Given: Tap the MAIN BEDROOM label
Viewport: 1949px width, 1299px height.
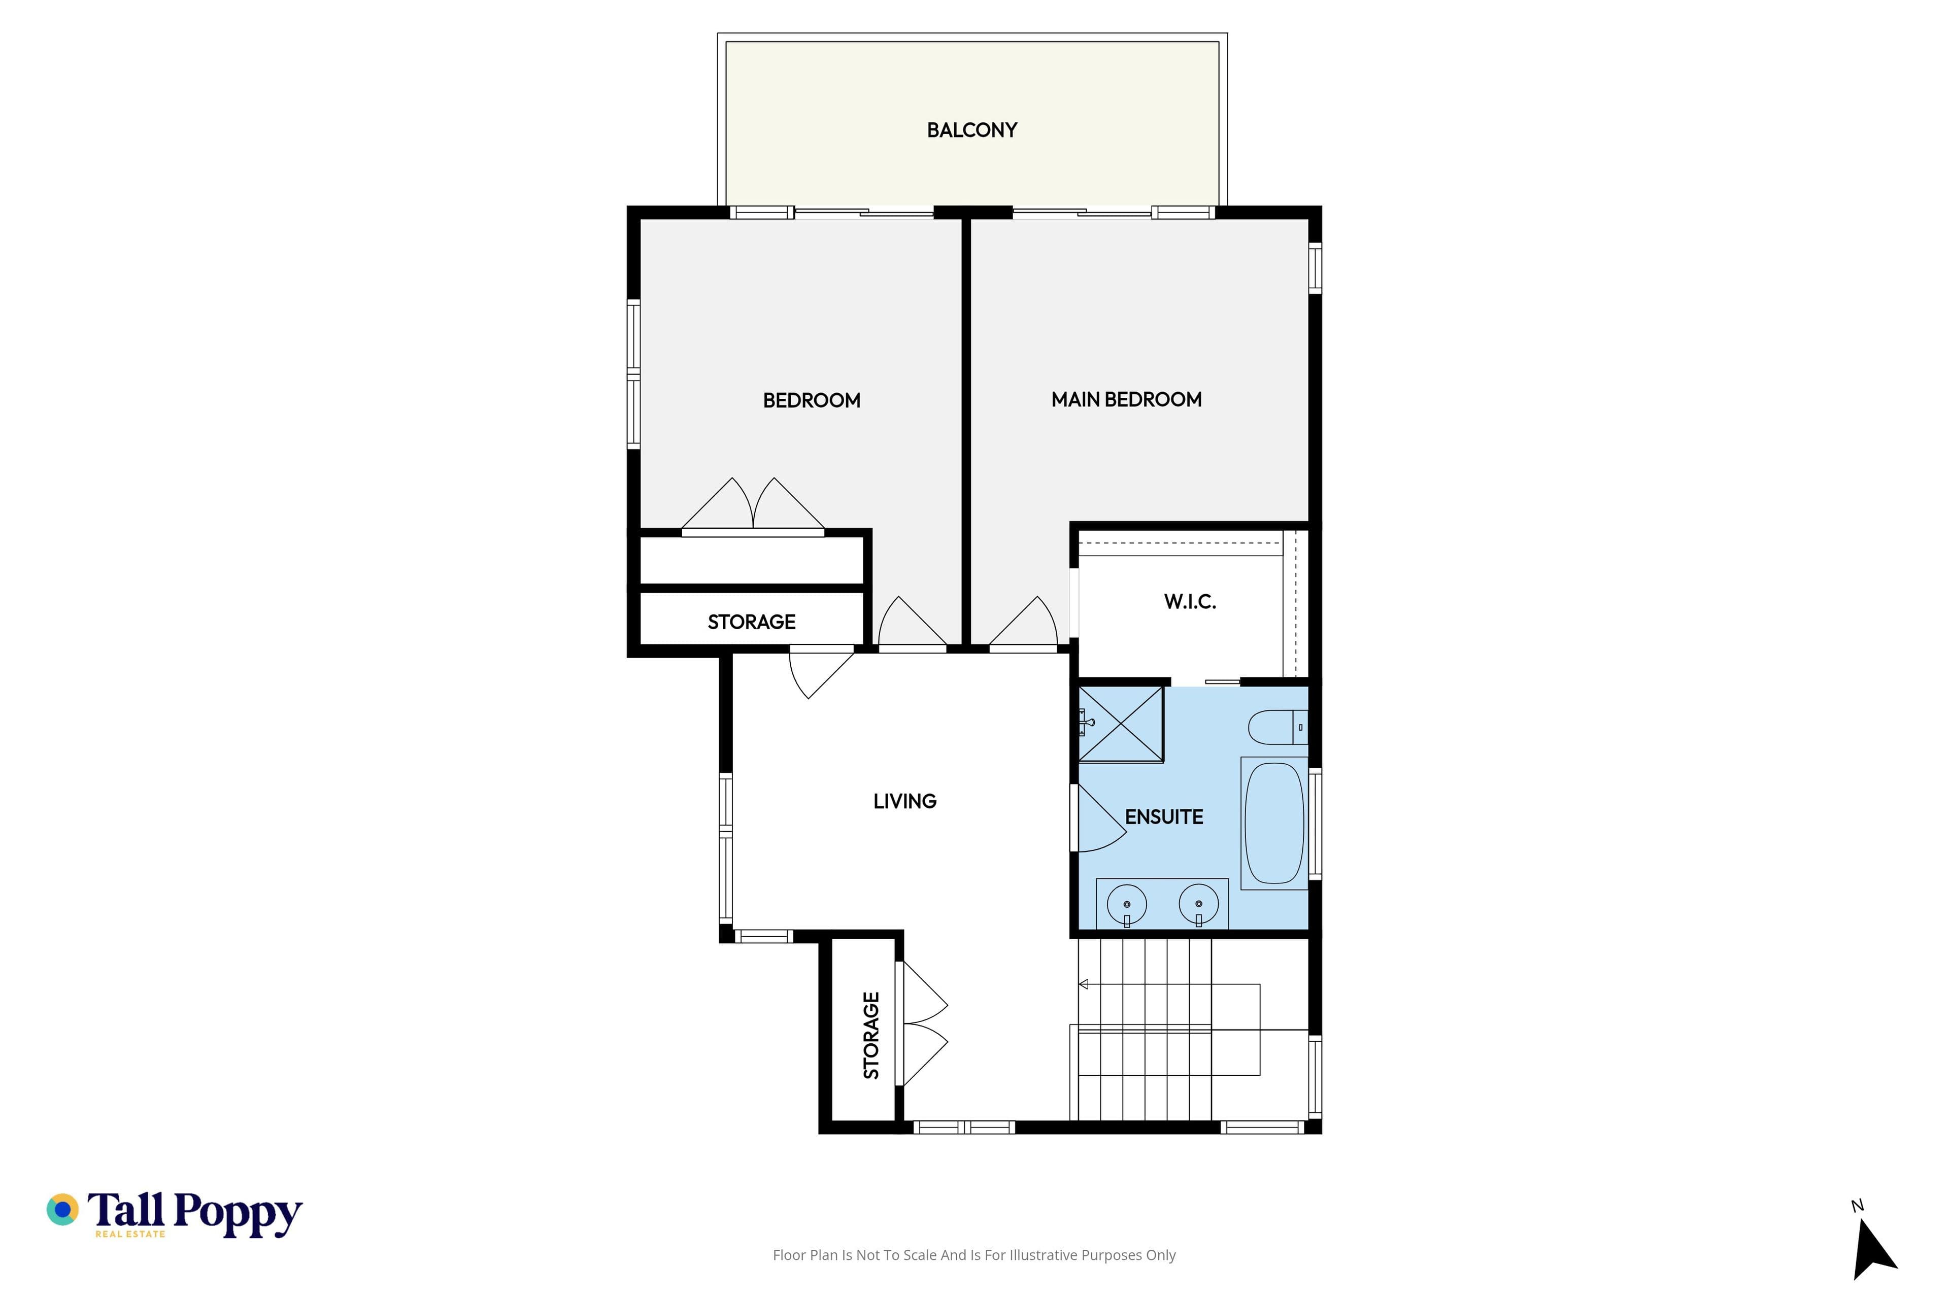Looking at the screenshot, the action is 1126,399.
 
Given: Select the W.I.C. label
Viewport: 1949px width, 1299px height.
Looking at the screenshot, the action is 1190,601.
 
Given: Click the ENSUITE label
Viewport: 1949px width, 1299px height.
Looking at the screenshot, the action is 1163,817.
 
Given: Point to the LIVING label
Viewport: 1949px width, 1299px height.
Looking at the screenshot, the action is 905,801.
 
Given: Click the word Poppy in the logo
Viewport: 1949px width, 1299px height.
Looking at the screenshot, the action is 238,1214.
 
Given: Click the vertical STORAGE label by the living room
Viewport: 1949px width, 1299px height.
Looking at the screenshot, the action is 871,1036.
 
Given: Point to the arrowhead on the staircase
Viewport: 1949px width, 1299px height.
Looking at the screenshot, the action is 1083,984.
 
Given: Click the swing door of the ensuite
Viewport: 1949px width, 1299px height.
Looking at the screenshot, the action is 1098,818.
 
